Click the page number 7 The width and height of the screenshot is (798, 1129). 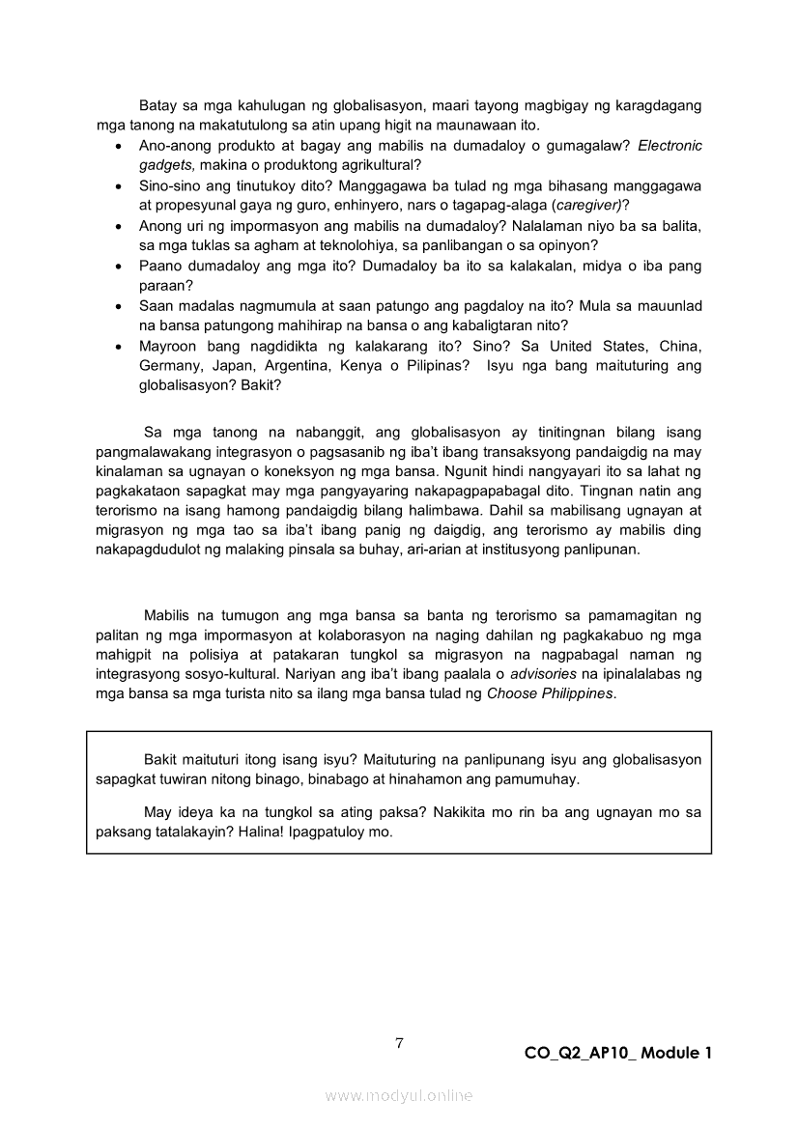pos(399,1042)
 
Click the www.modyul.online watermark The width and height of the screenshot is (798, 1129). pos(399,1095)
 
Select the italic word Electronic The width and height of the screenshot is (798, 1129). pos(670,145)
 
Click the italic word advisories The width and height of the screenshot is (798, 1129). pos(543,673)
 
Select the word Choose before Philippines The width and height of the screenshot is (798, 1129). pos(512,693)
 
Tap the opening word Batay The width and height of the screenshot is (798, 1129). pos(158,104)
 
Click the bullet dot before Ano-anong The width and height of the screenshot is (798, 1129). pos(117,146)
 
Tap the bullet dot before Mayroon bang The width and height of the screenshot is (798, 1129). pos(117,347)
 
